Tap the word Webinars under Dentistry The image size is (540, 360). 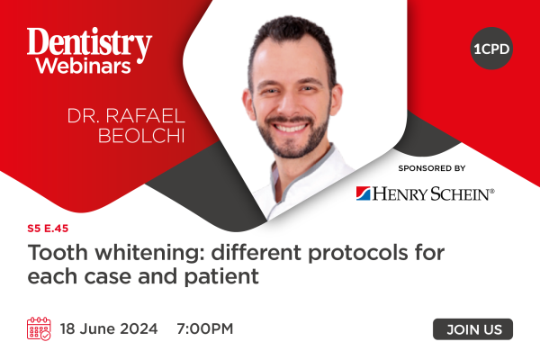(x=84, y=66)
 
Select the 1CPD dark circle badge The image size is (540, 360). (x=491, y=49)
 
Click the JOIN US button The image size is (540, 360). (x=472, y=329)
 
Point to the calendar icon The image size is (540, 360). (x=39, y=328)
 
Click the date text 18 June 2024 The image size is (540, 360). (x=109, y=328)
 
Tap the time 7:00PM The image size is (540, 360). (x=205, y=328)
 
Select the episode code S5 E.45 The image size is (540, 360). (x=48, y=229)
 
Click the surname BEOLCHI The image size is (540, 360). (x=141, y=135)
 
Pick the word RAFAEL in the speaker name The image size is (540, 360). (x=145, y=116)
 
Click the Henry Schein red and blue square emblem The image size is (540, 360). (x=363, y=193)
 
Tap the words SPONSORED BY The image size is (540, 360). (x=432, y=168)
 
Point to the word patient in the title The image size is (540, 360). (x=221, y=276)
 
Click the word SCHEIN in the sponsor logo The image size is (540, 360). (x=460, y=194)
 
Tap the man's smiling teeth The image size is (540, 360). (x=290, y=128)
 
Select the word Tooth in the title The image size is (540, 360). (x=58, y=253)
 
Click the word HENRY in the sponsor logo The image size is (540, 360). (x=400, y=194)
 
